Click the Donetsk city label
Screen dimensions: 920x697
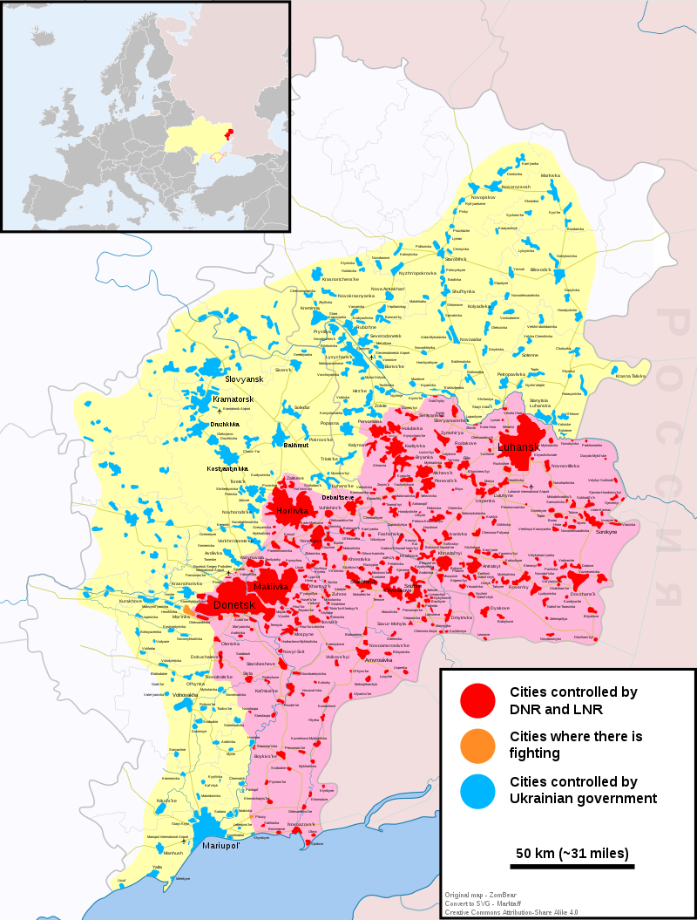click(233, 604)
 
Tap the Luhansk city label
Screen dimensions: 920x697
click(518, 447)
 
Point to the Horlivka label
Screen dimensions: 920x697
click(292, 511)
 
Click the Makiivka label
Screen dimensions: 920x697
click(270, 587)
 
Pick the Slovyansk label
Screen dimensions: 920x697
click(244, 379)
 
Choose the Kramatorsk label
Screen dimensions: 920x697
click(233, 399)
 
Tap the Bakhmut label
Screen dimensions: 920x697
click(273, 445)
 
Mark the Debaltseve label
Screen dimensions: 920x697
click(338, 497)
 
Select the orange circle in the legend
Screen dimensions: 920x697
click(477, 744)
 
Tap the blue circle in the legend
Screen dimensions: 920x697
click(477, 789)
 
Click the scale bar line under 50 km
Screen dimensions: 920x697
click(572, 866)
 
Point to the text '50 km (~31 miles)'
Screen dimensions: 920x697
click(572, 852)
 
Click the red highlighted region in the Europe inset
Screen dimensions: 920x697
click(231, 134)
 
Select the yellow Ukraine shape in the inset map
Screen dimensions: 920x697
click(196, 140)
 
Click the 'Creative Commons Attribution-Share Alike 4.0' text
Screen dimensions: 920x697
click(511, 911)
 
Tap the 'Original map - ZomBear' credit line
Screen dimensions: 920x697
click(481, 895)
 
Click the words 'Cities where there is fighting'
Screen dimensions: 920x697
click(576, 745)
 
